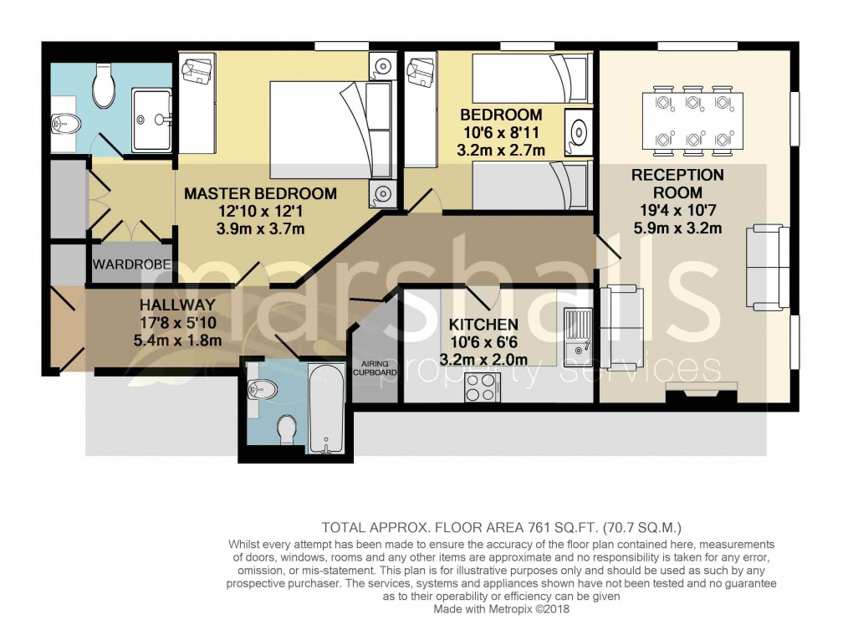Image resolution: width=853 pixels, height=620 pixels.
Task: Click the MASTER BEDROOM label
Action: pyautogui.click(x=260, y=193)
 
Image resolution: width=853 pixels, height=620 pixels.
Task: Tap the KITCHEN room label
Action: pyautogui.click(x=483, y=325)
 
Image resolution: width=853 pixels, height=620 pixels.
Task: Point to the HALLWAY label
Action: pyautogui.click(x=177, y=305)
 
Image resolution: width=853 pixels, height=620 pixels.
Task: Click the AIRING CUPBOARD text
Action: pyautogui.click(x=374, y=368)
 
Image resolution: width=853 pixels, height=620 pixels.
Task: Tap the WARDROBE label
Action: pyautogui.click(x=132, y=265)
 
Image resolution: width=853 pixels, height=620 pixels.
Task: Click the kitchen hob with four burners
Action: pyautogui.click(x=482, y=387)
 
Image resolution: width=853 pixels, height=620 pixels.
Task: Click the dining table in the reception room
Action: pyautogui.click(x=692, y=120)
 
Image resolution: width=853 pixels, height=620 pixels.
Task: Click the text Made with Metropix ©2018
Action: pyautogui.click(x=502, y=610)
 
